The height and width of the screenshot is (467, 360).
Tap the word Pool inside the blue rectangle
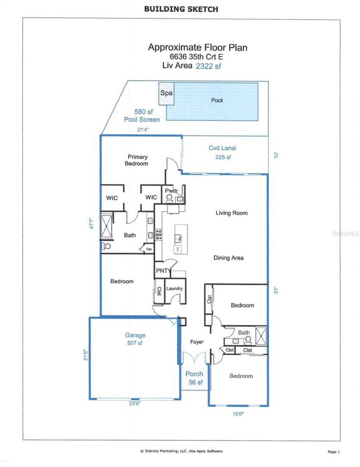tap(217, 100)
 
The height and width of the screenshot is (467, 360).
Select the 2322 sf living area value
tap(208, 66)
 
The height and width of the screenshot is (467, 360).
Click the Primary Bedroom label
tap(138, 160)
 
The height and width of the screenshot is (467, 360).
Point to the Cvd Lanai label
tap(222, 148)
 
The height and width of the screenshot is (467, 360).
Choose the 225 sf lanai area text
tap(222, 157)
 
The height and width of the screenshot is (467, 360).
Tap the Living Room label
tap(232, 213)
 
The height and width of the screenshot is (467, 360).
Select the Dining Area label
tap(229, 258)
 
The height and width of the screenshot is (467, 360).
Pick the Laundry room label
tap(173, 288)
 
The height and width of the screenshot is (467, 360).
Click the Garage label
tap(135, 335)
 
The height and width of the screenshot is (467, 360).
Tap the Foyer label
tap(197, 342)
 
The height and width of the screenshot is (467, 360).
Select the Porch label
tap(194, 374)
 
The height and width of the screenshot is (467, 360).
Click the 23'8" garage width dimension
tap(134, 404)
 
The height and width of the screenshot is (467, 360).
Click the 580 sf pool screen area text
tap(142, 112)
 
